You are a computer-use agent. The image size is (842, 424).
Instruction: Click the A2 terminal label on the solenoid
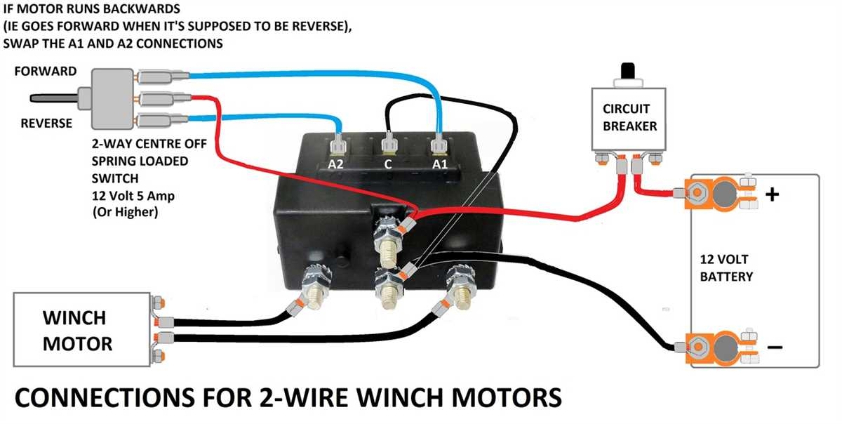point(337,164)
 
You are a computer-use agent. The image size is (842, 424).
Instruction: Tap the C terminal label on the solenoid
point(387,164)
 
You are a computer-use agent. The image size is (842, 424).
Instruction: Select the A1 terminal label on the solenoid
point(438,164)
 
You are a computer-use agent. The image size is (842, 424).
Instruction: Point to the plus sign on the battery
point(772,194)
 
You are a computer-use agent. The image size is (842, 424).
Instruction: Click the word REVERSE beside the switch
point(46,124)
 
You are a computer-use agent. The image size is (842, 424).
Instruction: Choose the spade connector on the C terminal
point(387,147)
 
